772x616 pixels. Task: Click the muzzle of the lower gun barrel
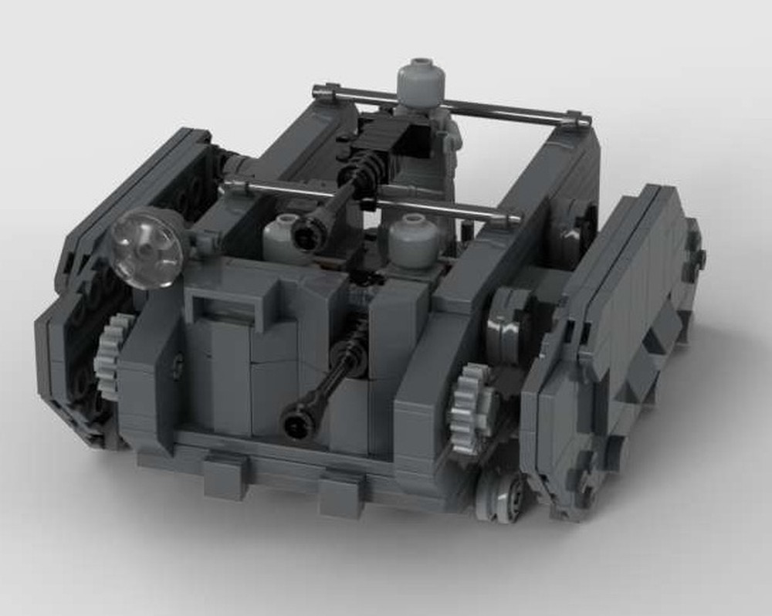tap(296, 421)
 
